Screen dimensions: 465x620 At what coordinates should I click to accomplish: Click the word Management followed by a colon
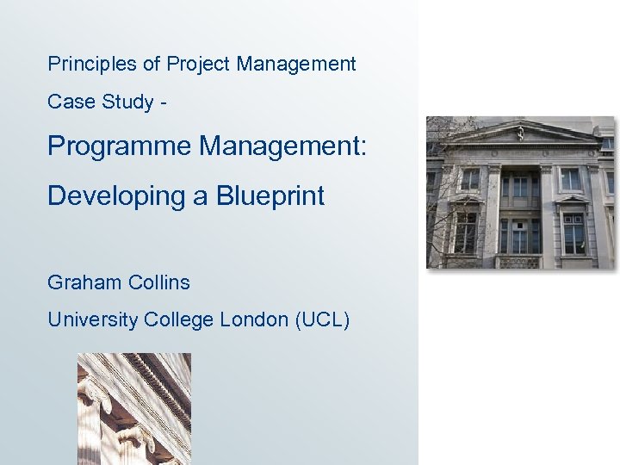283,146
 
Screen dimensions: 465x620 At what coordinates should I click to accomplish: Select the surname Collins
158,282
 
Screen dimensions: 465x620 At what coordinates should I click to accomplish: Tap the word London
254,320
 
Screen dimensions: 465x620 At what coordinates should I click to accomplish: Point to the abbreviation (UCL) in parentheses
322,320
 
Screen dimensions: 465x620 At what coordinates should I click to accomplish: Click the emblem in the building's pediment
520,133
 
